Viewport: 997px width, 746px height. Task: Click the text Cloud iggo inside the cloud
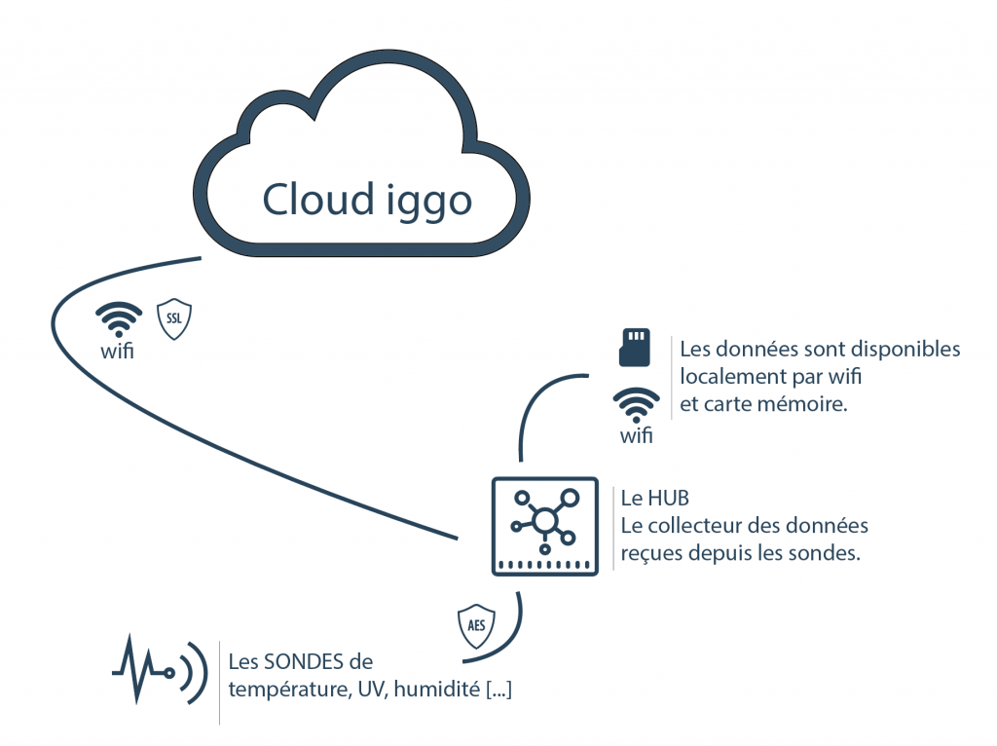[x=366, y=200]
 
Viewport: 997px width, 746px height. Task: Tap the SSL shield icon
[x=174, y=319]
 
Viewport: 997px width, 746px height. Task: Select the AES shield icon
[x=476, y=625]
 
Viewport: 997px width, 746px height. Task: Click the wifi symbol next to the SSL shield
[x=118, y=319]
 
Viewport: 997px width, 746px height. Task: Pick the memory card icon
[x=635, y=348]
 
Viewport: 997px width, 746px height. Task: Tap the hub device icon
[x=544, y=526]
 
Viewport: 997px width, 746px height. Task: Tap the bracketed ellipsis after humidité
[x=498, y=690]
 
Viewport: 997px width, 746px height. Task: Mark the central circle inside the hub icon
[x=544, y=521]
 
